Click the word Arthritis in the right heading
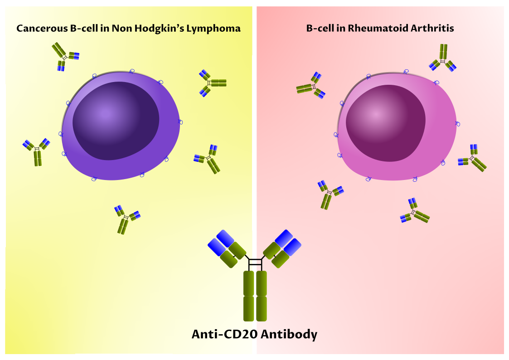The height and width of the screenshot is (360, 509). [432, 29]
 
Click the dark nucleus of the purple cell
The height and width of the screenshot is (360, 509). [116, 120]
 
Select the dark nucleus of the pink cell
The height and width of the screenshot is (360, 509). [385, 122]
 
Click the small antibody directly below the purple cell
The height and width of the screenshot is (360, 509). [126, 219]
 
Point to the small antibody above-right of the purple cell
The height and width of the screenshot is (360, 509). [211, 83]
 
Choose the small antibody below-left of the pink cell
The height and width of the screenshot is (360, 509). [330, 194]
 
